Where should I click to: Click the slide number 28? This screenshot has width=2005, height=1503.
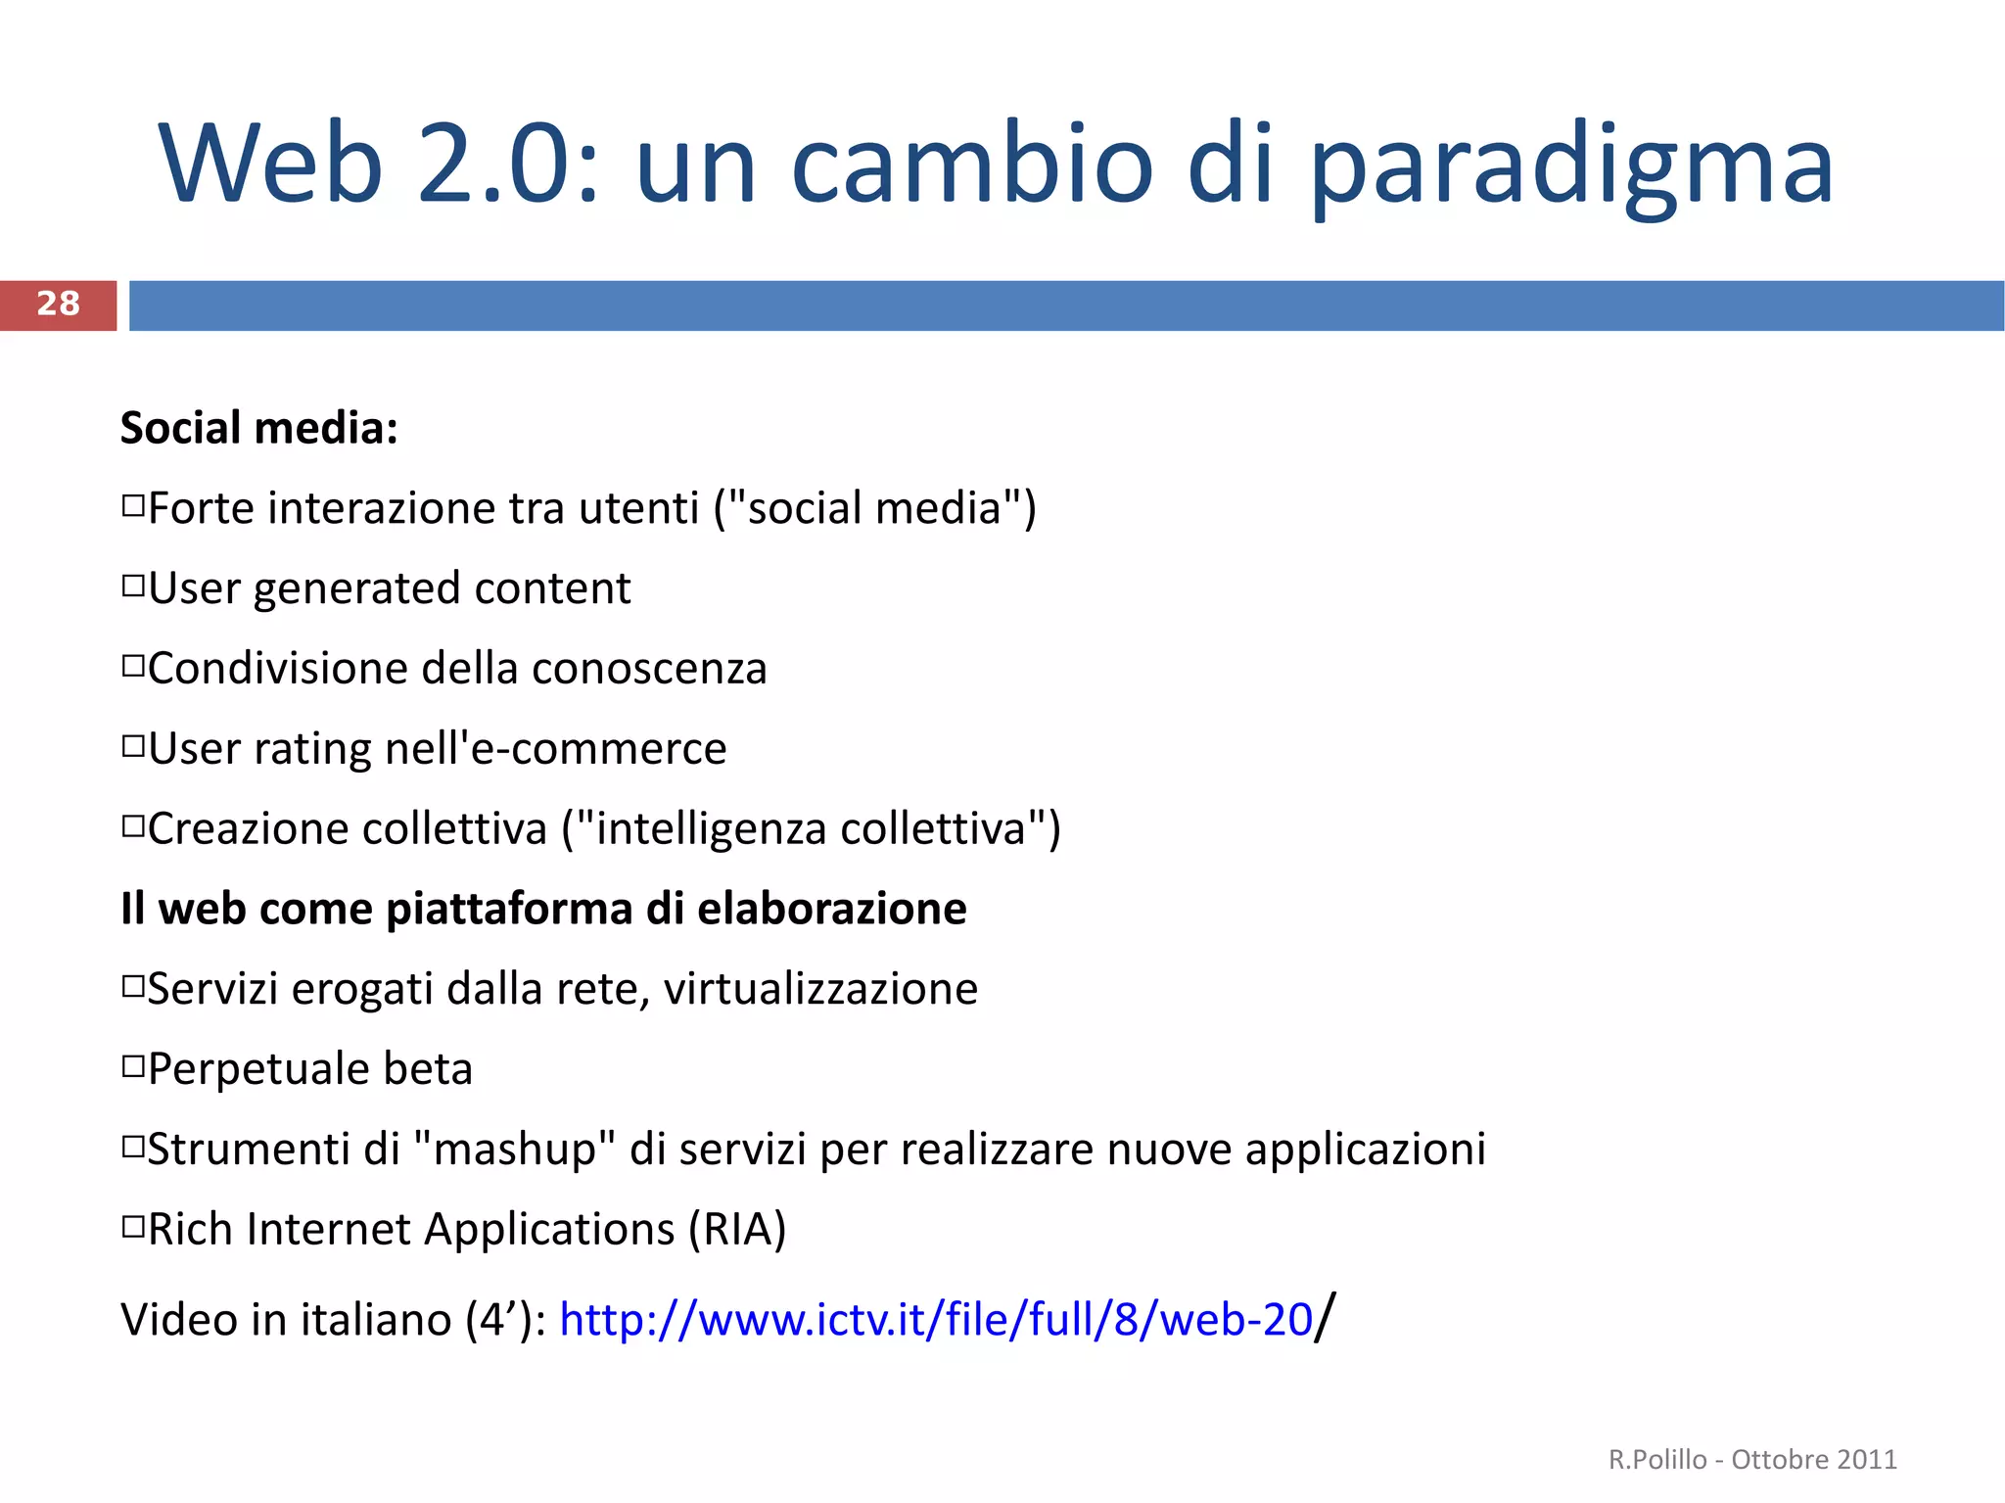point(58,305)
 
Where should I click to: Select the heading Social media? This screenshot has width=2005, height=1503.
point(258,428)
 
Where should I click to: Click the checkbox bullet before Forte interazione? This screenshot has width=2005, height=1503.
point(133,506)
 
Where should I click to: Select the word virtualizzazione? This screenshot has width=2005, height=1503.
point(820,989)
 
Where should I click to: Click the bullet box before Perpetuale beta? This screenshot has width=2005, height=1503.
point(133,1066)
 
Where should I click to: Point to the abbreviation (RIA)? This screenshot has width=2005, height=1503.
point(737,1230)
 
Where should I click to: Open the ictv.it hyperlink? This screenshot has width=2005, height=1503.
point(935,1320)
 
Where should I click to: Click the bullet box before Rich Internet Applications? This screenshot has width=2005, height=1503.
point(133,1227)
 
